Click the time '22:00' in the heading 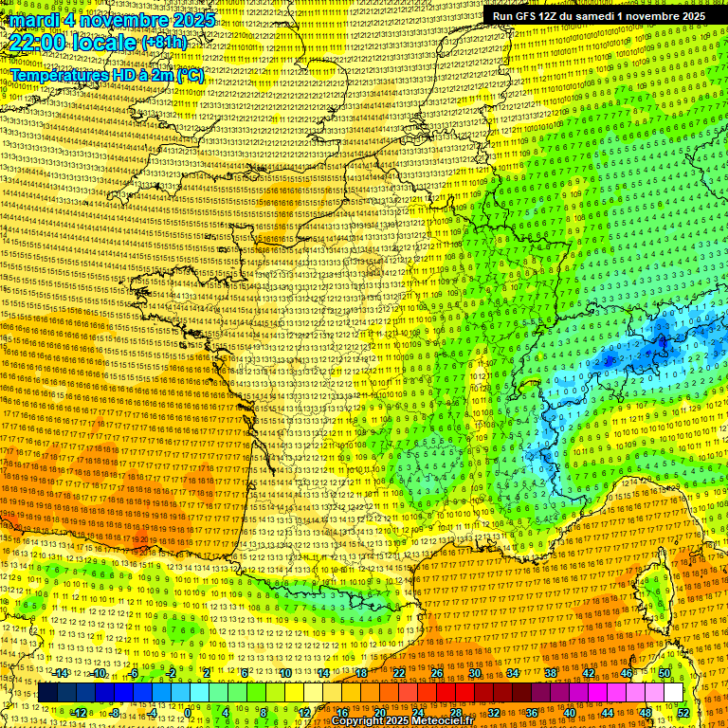[x=38, y=44]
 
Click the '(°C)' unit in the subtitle [x=190, y=75]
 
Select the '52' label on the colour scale [x=684, y=712]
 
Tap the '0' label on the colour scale [x=188, y=712]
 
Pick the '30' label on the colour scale [x=475, y=673]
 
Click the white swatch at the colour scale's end [x=673, y=693]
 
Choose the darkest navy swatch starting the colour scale [x=47, y=693]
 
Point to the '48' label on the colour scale [x=646, y=712]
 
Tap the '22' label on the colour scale [x=399, y=673]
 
